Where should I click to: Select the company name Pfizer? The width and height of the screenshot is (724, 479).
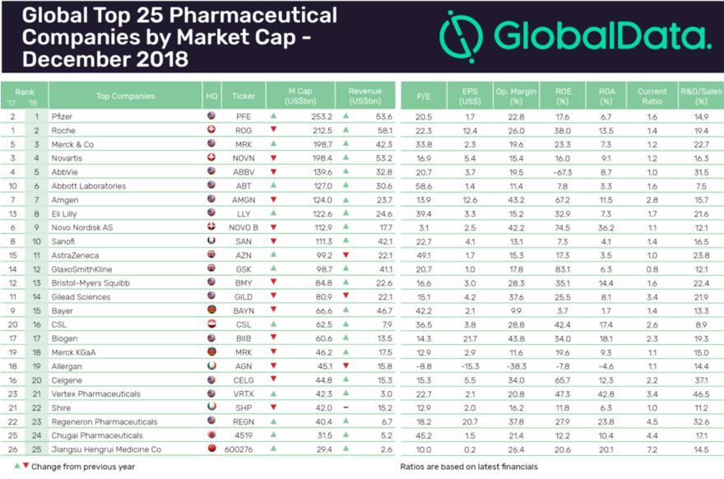click(62, 117)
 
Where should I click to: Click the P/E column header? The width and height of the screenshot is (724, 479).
click(423, 95)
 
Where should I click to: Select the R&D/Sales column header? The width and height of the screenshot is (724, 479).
click(700, 95)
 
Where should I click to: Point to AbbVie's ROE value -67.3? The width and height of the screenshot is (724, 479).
click(562, 171)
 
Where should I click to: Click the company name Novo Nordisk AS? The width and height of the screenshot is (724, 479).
click(82, 226)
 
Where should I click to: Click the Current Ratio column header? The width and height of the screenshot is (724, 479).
click(651, 95)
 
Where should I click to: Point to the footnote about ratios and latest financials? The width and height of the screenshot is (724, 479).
click(468, 467)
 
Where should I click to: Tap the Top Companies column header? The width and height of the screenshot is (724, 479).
click(124, 95)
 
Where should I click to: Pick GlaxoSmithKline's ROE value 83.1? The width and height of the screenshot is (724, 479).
click(564, 268)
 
